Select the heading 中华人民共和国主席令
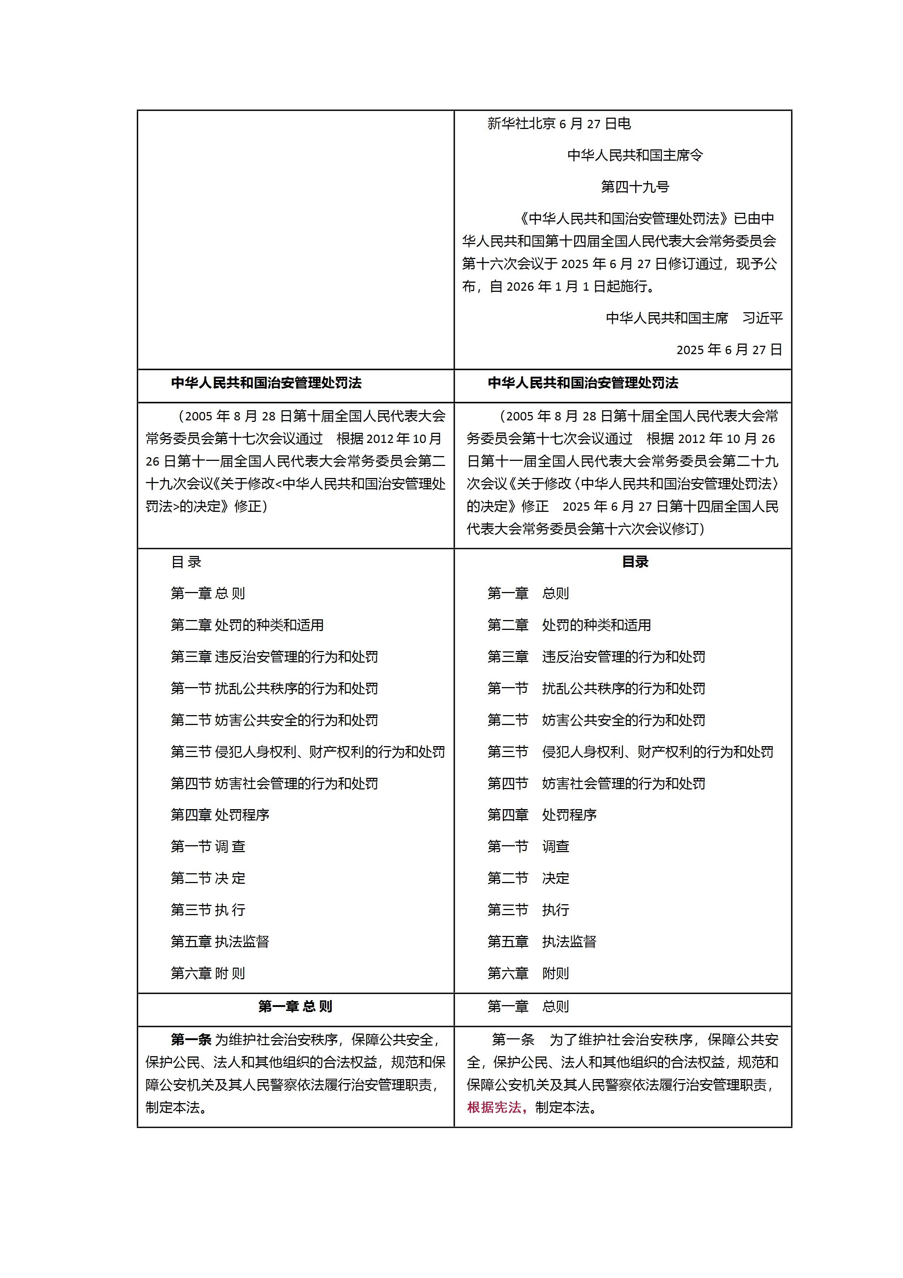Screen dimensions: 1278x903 635,155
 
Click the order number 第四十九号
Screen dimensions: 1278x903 635,187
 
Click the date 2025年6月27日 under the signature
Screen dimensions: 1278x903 729,350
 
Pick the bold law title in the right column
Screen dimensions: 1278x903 583,383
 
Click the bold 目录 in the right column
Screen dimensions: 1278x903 635,562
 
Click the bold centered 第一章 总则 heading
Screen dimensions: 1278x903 295,1006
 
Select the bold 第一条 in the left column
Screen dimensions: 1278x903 191,1039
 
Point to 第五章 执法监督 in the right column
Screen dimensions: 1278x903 541,941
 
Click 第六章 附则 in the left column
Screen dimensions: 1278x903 208,973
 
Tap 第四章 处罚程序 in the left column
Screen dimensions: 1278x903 220,815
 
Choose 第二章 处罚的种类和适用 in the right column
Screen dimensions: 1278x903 569,625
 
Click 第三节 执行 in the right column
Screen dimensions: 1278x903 528,910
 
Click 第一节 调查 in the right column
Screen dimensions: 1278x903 528,847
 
